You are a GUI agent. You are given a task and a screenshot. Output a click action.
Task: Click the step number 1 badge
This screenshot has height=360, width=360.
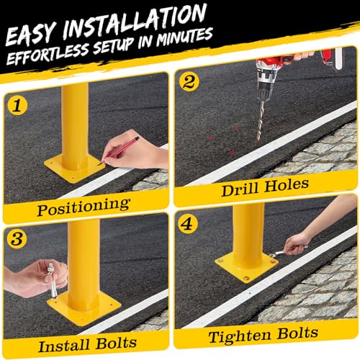(17, 105)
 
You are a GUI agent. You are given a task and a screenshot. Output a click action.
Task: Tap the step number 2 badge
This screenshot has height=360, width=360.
(189, 81)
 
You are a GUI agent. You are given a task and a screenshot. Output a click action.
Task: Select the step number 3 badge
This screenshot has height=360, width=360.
(17, 238)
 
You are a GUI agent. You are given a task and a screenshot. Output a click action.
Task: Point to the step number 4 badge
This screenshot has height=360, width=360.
(188, 224)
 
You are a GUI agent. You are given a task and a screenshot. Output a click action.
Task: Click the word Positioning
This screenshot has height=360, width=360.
(84, 207)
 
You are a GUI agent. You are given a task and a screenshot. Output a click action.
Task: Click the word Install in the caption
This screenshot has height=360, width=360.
(64, 346)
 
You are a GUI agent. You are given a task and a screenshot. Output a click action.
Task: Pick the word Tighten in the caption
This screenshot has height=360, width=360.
(240, 336)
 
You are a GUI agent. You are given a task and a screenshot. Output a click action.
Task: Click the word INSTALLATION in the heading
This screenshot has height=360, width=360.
(135, 22)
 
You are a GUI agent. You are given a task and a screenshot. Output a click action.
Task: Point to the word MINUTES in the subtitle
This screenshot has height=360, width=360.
(184, 37)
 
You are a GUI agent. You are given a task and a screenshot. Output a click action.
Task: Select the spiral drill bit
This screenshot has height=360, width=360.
(260, 121)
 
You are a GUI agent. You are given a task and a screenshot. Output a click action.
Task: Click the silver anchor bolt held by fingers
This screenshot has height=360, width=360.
(53, 280)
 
